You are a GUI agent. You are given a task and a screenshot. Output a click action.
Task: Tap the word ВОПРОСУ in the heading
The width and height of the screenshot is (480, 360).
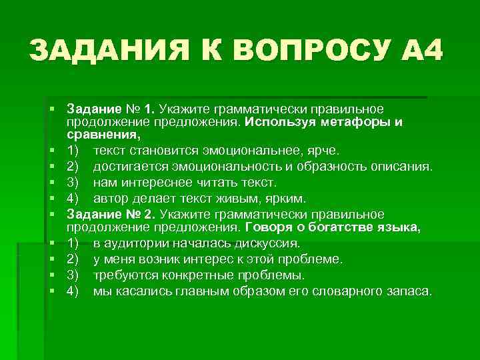tap(286, 51)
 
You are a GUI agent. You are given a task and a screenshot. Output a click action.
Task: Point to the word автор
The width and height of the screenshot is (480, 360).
tap(109, 199)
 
